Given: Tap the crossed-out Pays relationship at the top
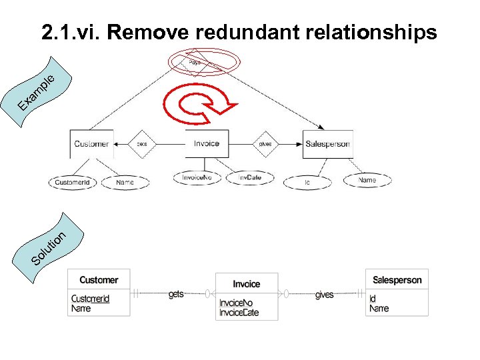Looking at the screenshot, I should [x=194, y=63].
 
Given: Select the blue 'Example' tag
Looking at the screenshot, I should [x=43, y=91].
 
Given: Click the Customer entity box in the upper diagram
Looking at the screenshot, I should [x=91, y=143].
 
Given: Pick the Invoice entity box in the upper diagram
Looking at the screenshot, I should [x=207, y=143].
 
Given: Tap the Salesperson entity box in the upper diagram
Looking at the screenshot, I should [x=327, y=144].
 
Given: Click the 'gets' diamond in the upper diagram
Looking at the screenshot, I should [x=141, y=143].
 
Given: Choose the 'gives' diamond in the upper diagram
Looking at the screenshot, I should [x=265, y=143].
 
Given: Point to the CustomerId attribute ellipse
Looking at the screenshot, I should [x=72, y=182].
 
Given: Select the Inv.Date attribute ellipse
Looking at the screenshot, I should [x=251, y=177].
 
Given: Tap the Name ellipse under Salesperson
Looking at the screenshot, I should [x=367, y=180].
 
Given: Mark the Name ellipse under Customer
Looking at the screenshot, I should [x=125, y=181].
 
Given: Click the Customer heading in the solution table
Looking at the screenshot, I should [x=99, y=280].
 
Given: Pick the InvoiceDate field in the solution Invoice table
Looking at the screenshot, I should [x=239, y=313].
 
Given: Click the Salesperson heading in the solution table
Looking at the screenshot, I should [x=397, y=280].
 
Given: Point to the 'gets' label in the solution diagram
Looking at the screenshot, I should [x=176, y=294].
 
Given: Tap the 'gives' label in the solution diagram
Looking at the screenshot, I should [x=324, y=295].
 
